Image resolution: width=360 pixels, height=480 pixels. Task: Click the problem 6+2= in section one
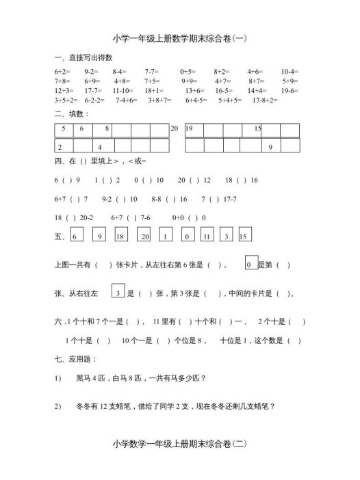[x=62, y=71]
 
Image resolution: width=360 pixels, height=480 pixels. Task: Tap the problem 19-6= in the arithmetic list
[x=290, y=90]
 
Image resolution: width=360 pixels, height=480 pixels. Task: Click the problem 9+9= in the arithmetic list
[x=189, y=81]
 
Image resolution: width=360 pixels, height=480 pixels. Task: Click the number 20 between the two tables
[x=175, y=129]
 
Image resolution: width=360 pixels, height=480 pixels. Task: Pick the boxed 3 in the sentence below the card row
[x=118, y=293]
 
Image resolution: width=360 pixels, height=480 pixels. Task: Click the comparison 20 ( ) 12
[x=194, y=181]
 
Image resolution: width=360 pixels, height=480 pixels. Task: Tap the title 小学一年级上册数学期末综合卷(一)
[x=179, y=40]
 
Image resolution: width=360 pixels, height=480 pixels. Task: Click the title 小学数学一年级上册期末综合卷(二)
[x=179, y=444]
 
